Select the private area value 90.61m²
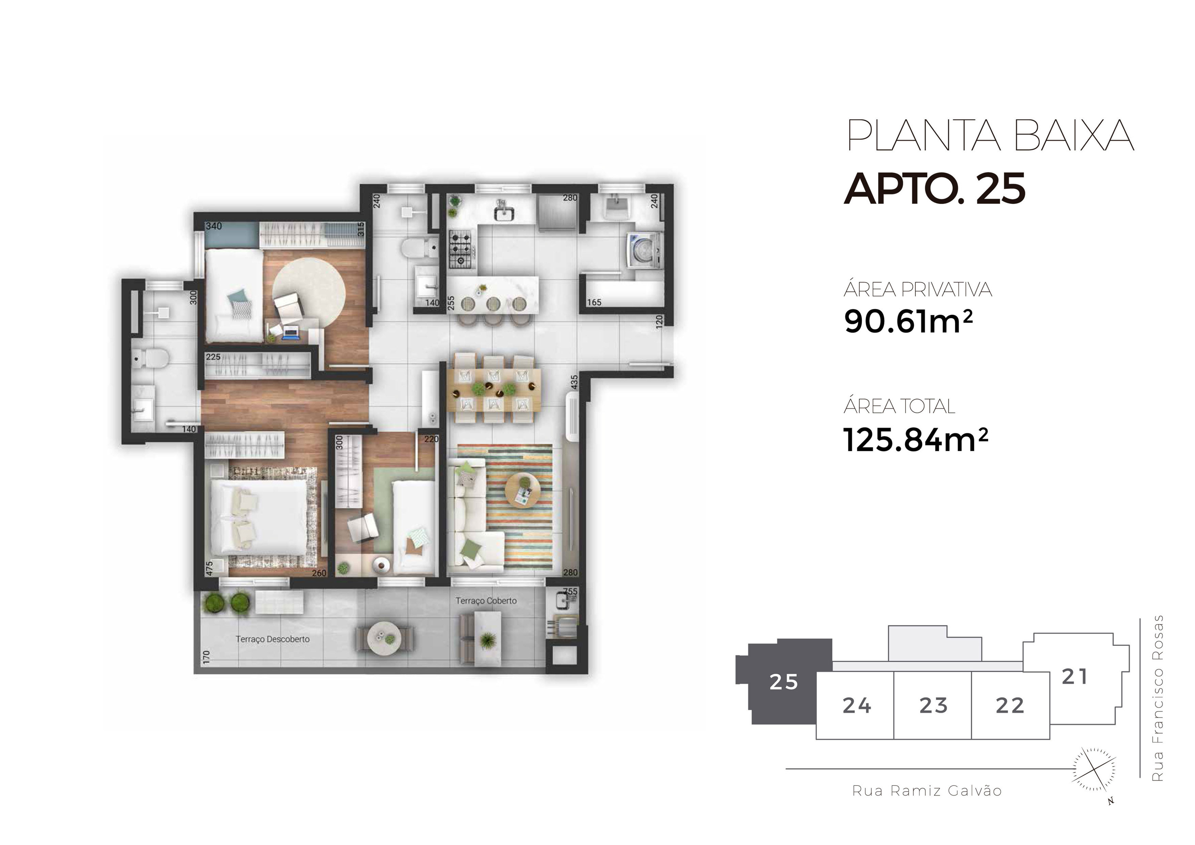[x=908, y=321]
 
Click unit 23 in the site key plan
[x=933, y=705]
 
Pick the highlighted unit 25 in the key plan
[x=783, y=682]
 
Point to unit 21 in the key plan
[x=1074, y=677]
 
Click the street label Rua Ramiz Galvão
[x=926, y=791]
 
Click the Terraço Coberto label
[x=486, y=601]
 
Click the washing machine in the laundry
[x=644, y=250]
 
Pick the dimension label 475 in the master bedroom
[x=209, y=567]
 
